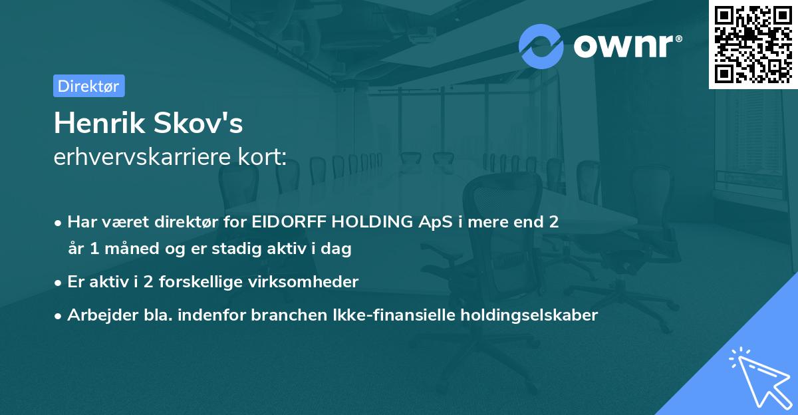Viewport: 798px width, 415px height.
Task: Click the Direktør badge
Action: (x=88, y=86)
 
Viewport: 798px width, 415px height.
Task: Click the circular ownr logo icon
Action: (x=541, y=46)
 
